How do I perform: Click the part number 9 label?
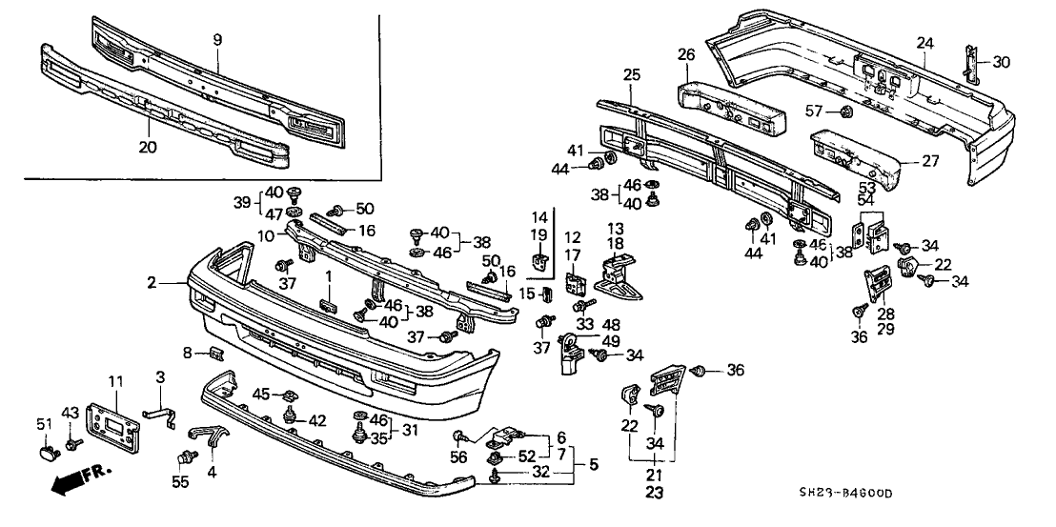pyautogui.click(x=217, y=40)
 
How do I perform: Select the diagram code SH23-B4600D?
pyautogui.click(x=851, y=494)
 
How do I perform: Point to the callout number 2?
pyautogui.click(x=152, y=283)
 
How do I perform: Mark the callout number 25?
pyautogui.click(x=630, y=73)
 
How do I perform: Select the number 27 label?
pyautogui.click(x=929, y=162)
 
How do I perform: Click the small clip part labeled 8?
pyautogui.click(x=215, y=356)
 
